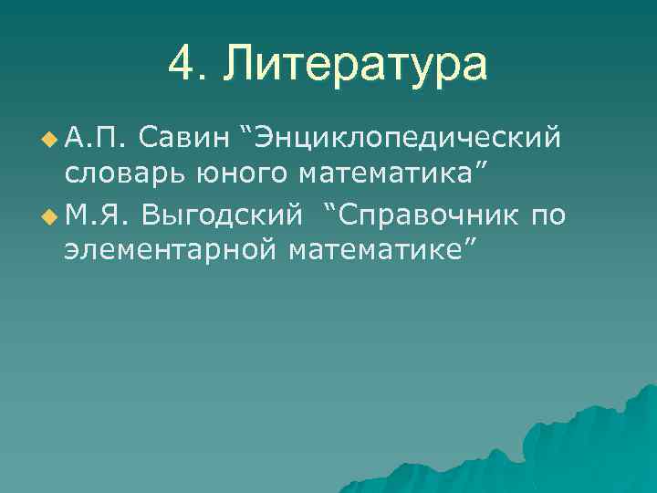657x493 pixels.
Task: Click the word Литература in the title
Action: click(x=357, y=66)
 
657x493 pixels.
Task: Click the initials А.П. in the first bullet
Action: click(x=94, y=140)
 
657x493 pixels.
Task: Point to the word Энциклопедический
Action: click(x=407, y=140)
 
